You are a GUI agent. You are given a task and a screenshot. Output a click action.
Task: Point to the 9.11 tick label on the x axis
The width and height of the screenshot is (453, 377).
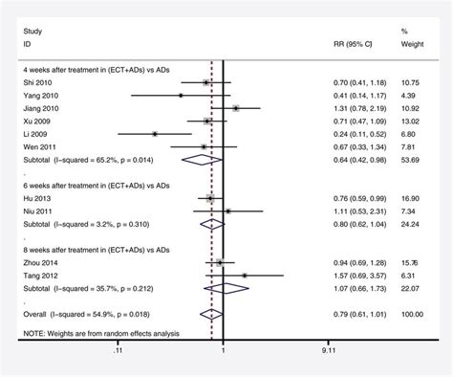[x=332, y=352]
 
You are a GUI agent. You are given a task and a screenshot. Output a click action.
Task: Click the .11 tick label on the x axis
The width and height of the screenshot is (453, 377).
[x=117, y=352]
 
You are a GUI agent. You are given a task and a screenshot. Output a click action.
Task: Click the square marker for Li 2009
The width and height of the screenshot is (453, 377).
[x=155, y=134]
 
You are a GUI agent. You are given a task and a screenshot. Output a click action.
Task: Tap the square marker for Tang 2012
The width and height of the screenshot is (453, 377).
[x=245, y=275]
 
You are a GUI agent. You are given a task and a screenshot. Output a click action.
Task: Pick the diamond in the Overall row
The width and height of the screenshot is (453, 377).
[x=212, y=313]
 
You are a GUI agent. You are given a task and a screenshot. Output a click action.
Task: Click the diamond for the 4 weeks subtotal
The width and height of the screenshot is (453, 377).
[x=207, y=160]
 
